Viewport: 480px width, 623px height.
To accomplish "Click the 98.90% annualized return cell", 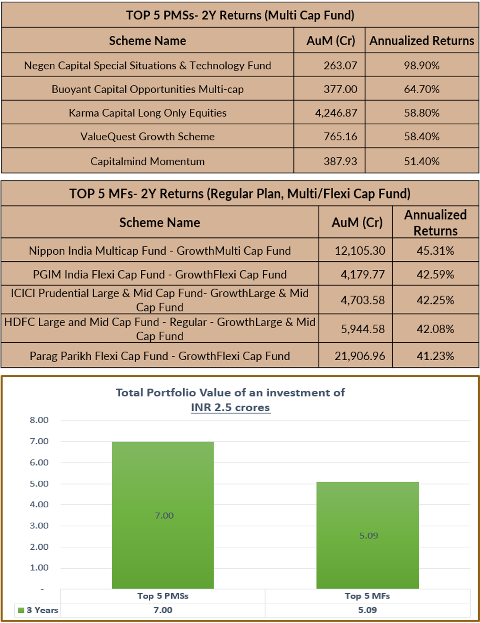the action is tap(421, 66).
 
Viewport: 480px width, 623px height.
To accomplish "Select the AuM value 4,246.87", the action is tap(336, 113).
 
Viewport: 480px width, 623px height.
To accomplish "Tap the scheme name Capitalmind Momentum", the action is tap(147, 161).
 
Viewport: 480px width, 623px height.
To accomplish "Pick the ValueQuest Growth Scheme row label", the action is tap(147, 137).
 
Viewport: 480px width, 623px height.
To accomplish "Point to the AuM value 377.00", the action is tap(341, 89).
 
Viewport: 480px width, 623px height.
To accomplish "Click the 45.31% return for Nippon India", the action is tap(435, 251).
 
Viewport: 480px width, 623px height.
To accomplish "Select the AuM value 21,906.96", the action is tap(360, 356).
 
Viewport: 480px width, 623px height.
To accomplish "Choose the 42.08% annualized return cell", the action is tap(435, 329).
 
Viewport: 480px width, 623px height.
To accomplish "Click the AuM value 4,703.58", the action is tap(362, 300).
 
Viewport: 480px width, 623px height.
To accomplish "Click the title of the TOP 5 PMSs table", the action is tap(240, 15).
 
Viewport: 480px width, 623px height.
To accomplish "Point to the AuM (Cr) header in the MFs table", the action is tap(357, 223).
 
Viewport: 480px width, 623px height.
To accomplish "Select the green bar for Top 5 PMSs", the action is tap(163, 515).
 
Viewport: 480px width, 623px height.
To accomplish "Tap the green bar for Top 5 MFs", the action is tap(368, 535).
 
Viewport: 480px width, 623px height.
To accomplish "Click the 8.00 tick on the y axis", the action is tap(39, 420).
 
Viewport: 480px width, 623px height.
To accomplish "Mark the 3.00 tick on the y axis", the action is tap(39, 526).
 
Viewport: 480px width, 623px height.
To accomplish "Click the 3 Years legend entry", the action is tap(38, 610).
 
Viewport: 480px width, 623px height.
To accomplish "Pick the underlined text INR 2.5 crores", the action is tap(231, 407).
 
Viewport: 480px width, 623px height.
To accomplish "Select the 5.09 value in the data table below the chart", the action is tap(368, 610).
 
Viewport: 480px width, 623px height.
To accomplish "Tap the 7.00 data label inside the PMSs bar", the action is tap(164, 516).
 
